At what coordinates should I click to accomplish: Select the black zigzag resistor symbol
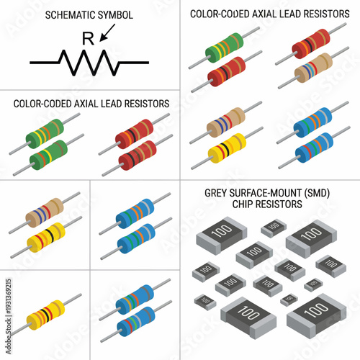[x=89, y=63]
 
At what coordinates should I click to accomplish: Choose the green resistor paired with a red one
[x=224, y=50]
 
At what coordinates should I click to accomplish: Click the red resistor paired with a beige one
[x=311, y=45]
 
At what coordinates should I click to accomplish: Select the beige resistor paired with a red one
[x=314, y=68]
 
